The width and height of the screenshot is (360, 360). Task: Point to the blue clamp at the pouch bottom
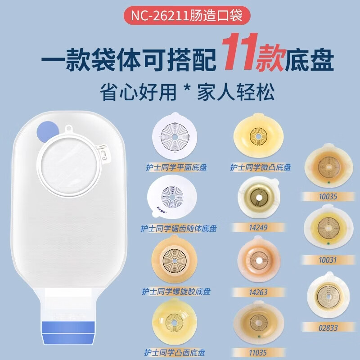coord(69,331)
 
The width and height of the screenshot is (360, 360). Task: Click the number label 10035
coord(327,196)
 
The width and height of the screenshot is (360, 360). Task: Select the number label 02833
coord(327,328)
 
